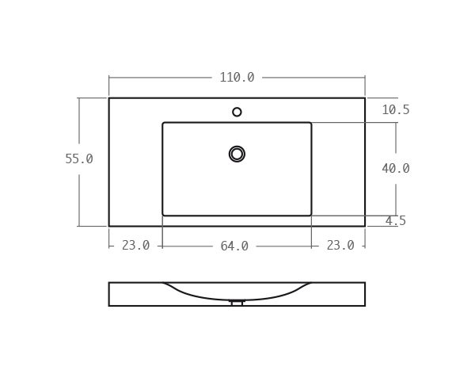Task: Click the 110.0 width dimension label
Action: click(x=237, y=78)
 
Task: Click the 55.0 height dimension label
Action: click(x=79, y=159)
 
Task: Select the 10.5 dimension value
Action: click(x=395, y=110)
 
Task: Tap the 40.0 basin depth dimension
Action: click(x=395, y=169)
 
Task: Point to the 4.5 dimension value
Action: click(x=395, y=221)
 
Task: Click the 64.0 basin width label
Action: click(x=234, y=246)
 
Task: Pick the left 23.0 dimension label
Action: click(x=135, y=246)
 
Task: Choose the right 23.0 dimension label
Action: click(x=340, y=246)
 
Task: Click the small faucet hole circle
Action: click(x=237, y=112)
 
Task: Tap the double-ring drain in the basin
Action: click(x=237, y=154)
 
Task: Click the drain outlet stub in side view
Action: click(x=237, y=303)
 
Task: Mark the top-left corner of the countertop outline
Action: click(x=109, y=98)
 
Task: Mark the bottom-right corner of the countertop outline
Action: click(x=365, y=226)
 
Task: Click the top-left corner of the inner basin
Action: click(x=163, y=123)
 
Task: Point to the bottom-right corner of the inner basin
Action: click(x=311, y=215)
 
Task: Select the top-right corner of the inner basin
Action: click(x=311, y=123)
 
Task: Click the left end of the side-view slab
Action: click(x=109, y=294)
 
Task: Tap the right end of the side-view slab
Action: click(x=365, y=294)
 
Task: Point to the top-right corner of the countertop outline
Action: click(x=365, y=98)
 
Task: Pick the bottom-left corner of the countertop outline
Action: click(x=109, y=226)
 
